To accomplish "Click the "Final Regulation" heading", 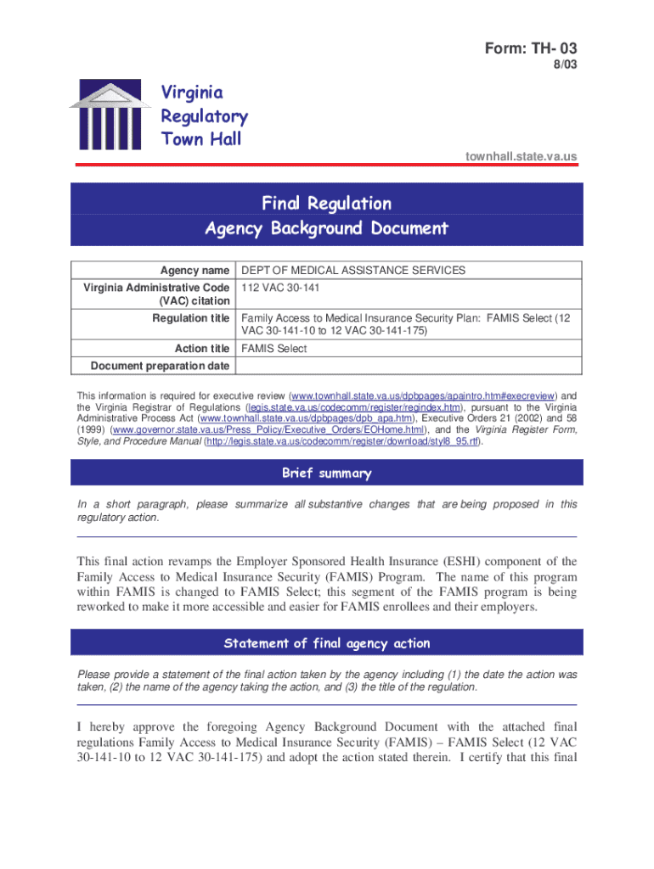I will click(326, 204).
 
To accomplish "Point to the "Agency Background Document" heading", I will click(326, 228).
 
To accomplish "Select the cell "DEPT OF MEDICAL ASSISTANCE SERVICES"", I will click(353, 271).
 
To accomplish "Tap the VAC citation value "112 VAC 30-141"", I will click(280, 288).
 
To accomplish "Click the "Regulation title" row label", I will click(191, 318).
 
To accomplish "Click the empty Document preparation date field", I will click(408, 366).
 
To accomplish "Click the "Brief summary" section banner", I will click(326, 473).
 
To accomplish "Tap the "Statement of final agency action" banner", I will click(326, 643).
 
